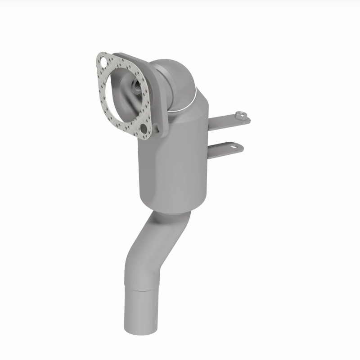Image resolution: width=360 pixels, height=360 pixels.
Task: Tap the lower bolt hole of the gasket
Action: (144, 129)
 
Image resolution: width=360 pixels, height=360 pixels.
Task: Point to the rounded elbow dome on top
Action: (173, 74)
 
